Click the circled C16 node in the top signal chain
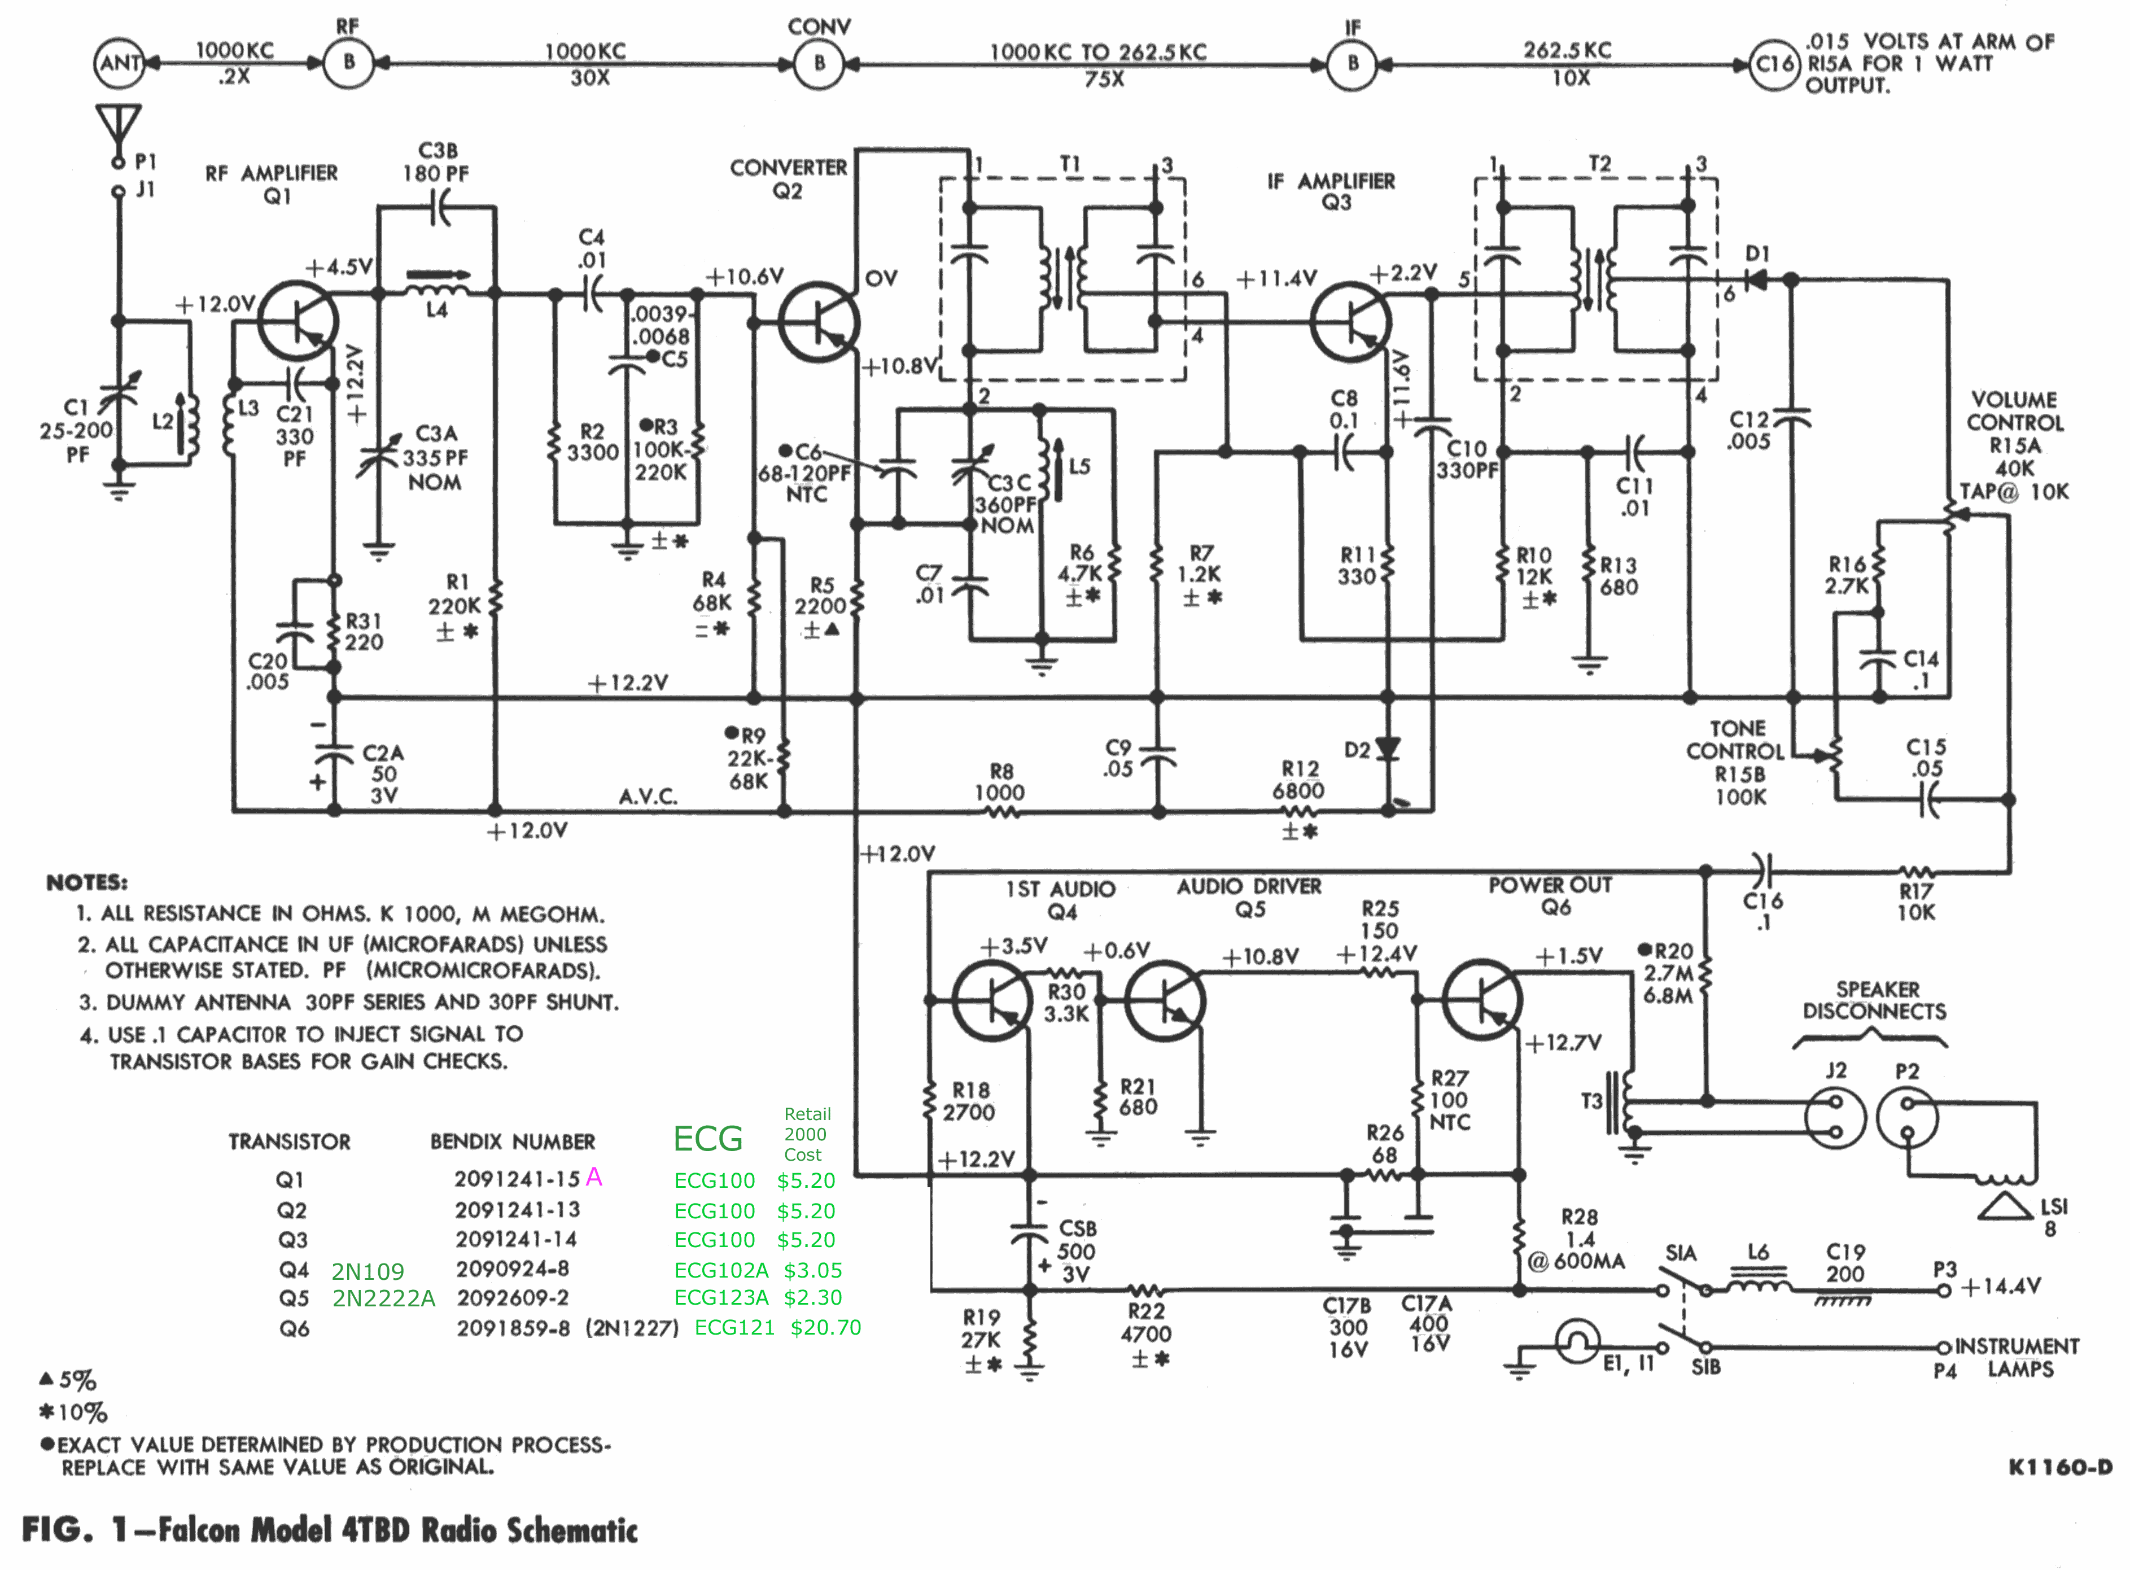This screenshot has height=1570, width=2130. coord(1774,64)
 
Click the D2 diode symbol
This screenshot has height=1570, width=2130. coord(1388,750)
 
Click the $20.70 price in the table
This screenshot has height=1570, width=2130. coord(825,1328)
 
